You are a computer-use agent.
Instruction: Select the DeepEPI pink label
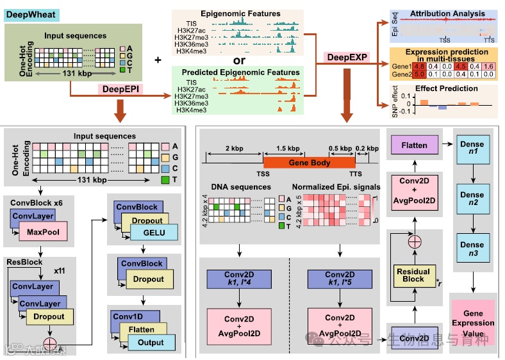pyautogui.click(x=121, y=89)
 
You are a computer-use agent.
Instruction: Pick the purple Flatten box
pyautogui.click(x=413, y=146)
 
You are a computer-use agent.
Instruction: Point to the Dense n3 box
pyautogui.click(x=472, y=247)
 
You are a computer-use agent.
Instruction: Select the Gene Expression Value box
pyautogui.click(x=474, y=323)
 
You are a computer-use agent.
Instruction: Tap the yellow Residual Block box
pyautogui.click(x=413, y=275)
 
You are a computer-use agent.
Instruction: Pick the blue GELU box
pyautogui.click(x=154, y=233)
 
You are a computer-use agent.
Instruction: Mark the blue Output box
pyautogui.click(x=151, y=343)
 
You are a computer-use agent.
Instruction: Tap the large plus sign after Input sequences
pyautogui.click(x=158, y=60)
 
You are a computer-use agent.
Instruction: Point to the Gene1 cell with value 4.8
pyautogui.click(x=419, y=66)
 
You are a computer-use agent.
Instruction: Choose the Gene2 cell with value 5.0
pyautogui.click(x=419, y=74)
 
